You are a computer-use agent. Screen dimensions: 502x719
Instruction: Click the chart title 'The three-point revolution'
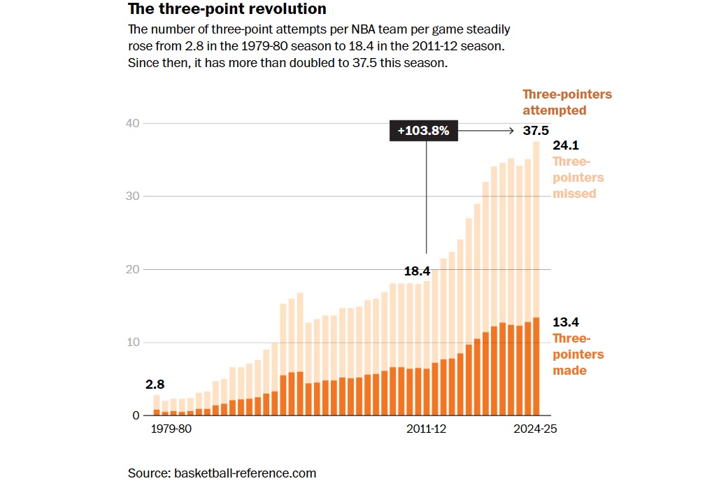point(227,9)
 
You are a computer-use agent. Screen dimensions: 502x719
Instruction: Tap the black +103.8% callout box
point(423,131)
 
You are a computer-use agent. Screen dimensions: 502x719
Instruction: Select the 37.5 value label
point(536,131)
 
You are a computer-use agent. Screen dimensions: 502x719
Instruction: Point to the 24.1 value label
point(565,146)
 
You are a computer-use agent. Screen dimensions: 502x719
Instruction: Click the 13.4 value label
point(565,322)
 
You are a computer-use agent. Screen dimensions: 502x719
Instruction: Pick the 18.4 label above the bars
point(417,271)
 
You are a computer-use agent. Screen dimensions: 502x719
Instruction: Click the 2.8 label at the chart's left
point(156,385)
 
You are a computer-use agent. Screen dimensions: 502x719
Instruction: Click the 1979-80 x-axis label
point(171,429)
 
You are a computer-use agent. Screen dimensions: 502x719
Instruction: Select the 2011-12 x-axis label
point(426,429)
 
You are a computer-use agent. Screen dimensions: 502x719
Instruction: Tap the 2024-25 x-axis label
point(535,429)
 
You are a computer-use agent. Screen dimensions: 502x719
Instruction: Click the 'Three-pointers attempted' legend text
point(567,102)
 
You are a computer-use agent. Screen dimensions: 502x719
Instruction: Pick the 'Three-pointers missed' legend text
point(578,177)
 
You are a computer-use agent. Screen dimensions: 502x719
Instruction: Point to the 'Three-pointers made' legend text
point(578,354)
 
